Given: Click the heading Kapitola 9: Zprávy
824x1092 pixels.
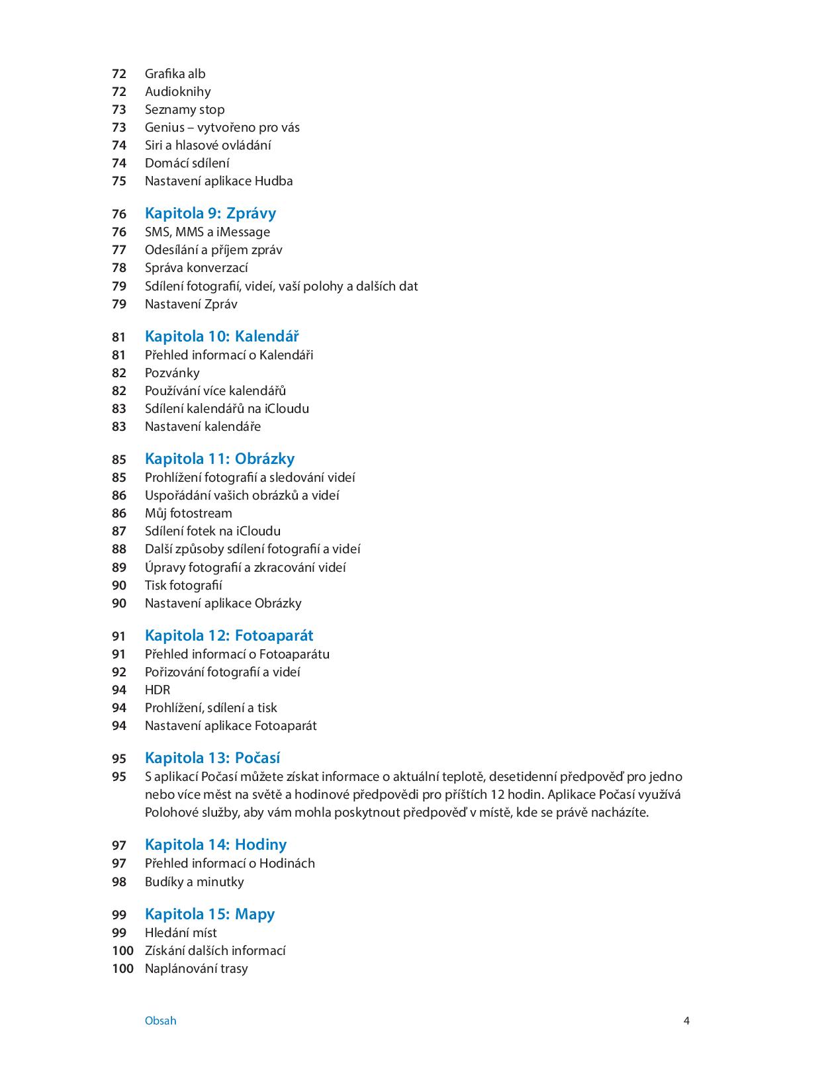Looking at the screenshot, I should coord(210,213).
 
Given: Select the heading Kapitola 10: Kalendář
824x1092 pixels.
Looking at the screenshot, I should coord(222,336).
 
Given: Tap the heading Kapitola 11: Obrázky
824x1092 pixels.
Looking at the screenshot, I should coord(219,459).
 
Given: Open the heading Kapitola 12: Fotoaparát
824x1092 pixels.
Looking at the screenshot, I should coord(229,635).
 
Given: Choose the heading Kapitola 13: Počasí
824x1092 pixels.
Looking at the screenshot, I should coord(212,758).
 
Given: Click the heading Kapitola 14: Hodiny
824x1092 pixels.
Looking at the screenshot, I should coord(216,844).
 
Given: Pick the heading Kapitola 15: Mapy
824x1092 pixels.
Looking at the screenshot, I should coord(209,914).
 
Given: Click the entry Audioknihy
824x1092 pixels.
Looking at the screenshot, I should coord(177,91).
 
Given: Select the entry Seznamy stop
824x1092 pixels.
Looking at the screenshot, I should coord(185,109).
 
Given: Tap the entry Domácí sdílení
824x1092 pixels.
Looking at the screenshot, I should coord(187,163).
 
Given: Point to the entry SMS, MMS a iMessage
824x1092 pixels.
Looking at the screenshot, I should coord(207,232).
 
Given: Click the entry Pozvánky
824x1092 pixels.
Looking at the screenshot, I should coord(172,373).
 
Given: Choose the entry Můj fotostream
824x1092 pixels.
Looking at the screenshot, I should coord(188,513).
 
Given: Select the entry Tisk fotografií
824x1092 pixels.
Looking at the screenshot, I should coord(183,585).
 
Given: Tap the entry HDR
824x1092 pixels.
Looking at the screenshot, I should coord(158,690).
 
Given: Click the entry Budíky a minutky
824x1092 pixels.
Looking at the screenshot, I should coord(194,882).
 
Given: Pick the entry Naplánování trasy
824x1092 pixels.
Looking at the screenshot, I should coord(196,968).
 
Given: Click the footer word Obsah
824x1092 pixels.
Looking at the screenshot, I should coord(160,1021).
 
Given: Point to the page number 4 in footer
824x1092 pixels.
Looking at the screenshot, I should coord(686,1021).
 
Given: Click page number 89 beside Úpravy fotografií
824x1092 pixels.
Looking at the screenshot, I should coord(119,567).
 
